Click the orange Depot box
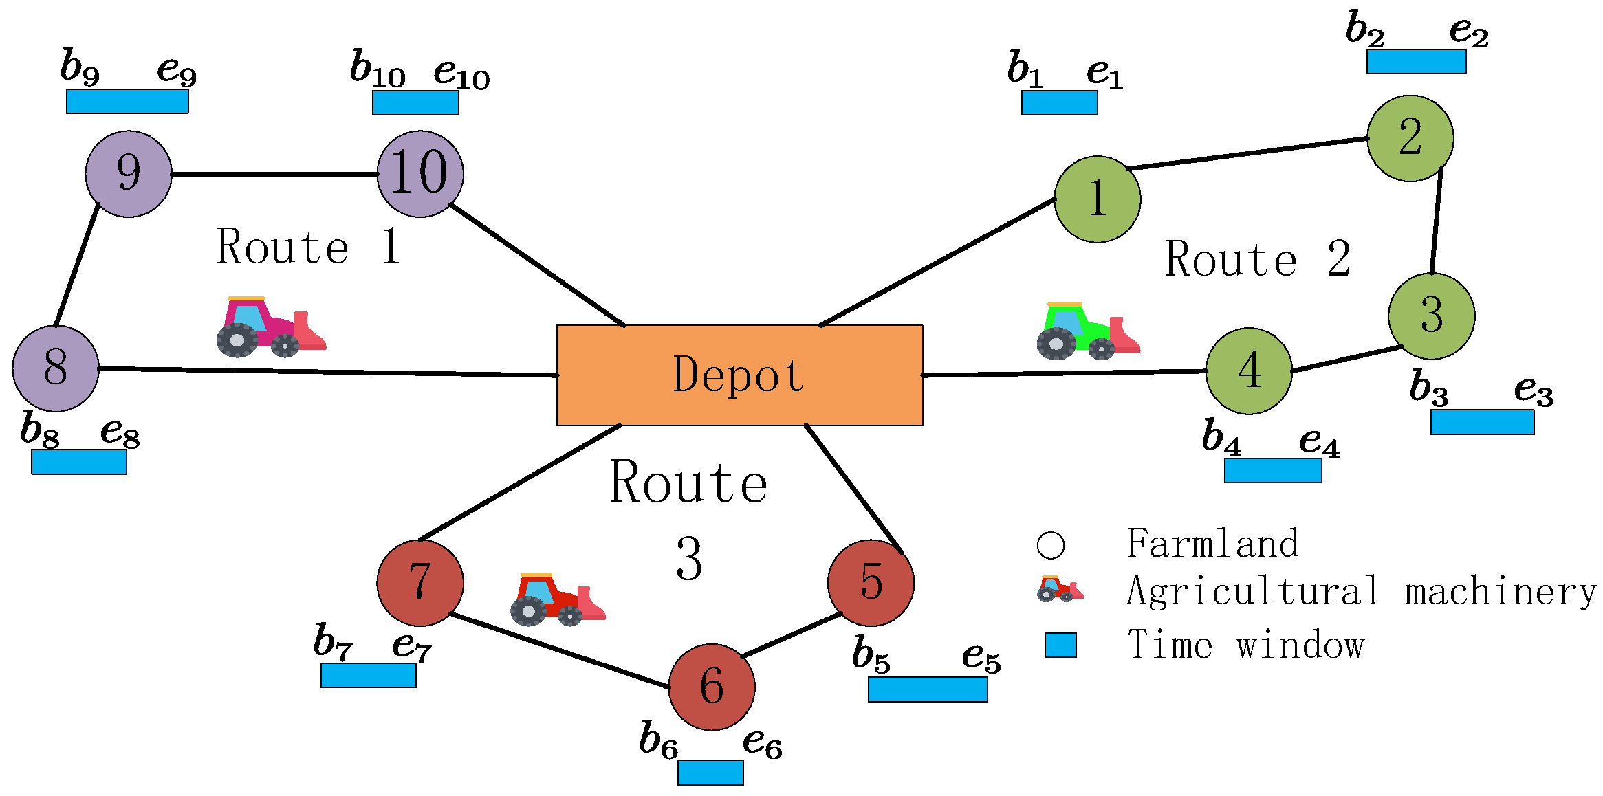pos(739,375)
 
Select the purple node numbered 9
pos(129,174)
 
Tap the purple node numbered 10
pos(420,174)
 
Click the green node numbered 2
pos(1410,138)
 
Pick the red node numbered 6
pos(712,687)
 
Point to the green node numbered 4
pos(1249,371)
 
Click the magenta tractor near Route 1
pos(270,328)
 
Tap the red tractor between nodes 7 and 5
pos(557,599)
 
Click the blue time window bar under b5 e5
pos(928,689)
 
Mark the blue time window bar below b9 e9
pos(127,101)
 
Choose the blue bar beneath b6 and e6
pos(710,772)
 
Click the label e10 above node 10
pos(461,73)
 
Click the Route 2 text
pos(1257,260)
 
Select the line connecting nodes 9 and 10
pos(275,174)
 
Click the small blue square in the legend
pos(1060,645)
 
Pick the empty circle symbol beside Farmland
pos(1050,545)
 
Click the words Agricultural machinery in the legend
pos(1361,592)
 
